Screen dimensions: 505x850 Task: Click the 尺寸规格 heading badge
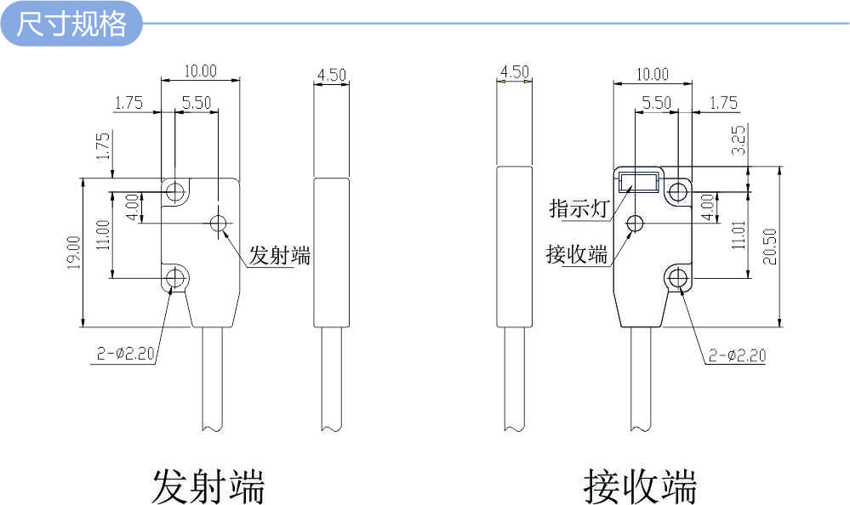(x=71, y=24)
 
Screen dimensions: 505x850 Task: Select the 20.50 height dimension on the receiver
(x=770, y=246)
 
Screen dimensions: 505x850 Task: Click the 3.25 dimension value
(x=739, y=140)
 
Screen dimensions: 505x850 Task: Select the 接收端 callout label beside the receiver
(x=577, y=253)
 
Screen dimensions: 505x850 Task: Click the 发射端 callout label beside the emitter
(x=279, y=255)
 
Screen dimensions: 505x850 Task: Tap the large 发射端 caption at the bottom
(x=208, y=486)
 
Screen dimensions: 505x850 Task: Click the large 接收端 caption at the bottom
(x=640, y=486)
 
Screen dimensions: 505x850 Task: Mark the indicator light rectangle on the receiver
(x=638, y=182)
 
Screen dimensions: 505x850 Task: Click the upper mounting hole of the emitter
(x=175, y=190)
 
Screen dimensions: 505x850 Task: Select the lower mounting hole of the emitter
(x=176, y=278)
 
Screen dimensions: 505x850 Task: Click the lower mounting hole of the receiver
(x=678, y=277)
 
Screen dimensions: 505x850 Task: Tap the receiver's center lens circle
(x=636, y=224)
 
